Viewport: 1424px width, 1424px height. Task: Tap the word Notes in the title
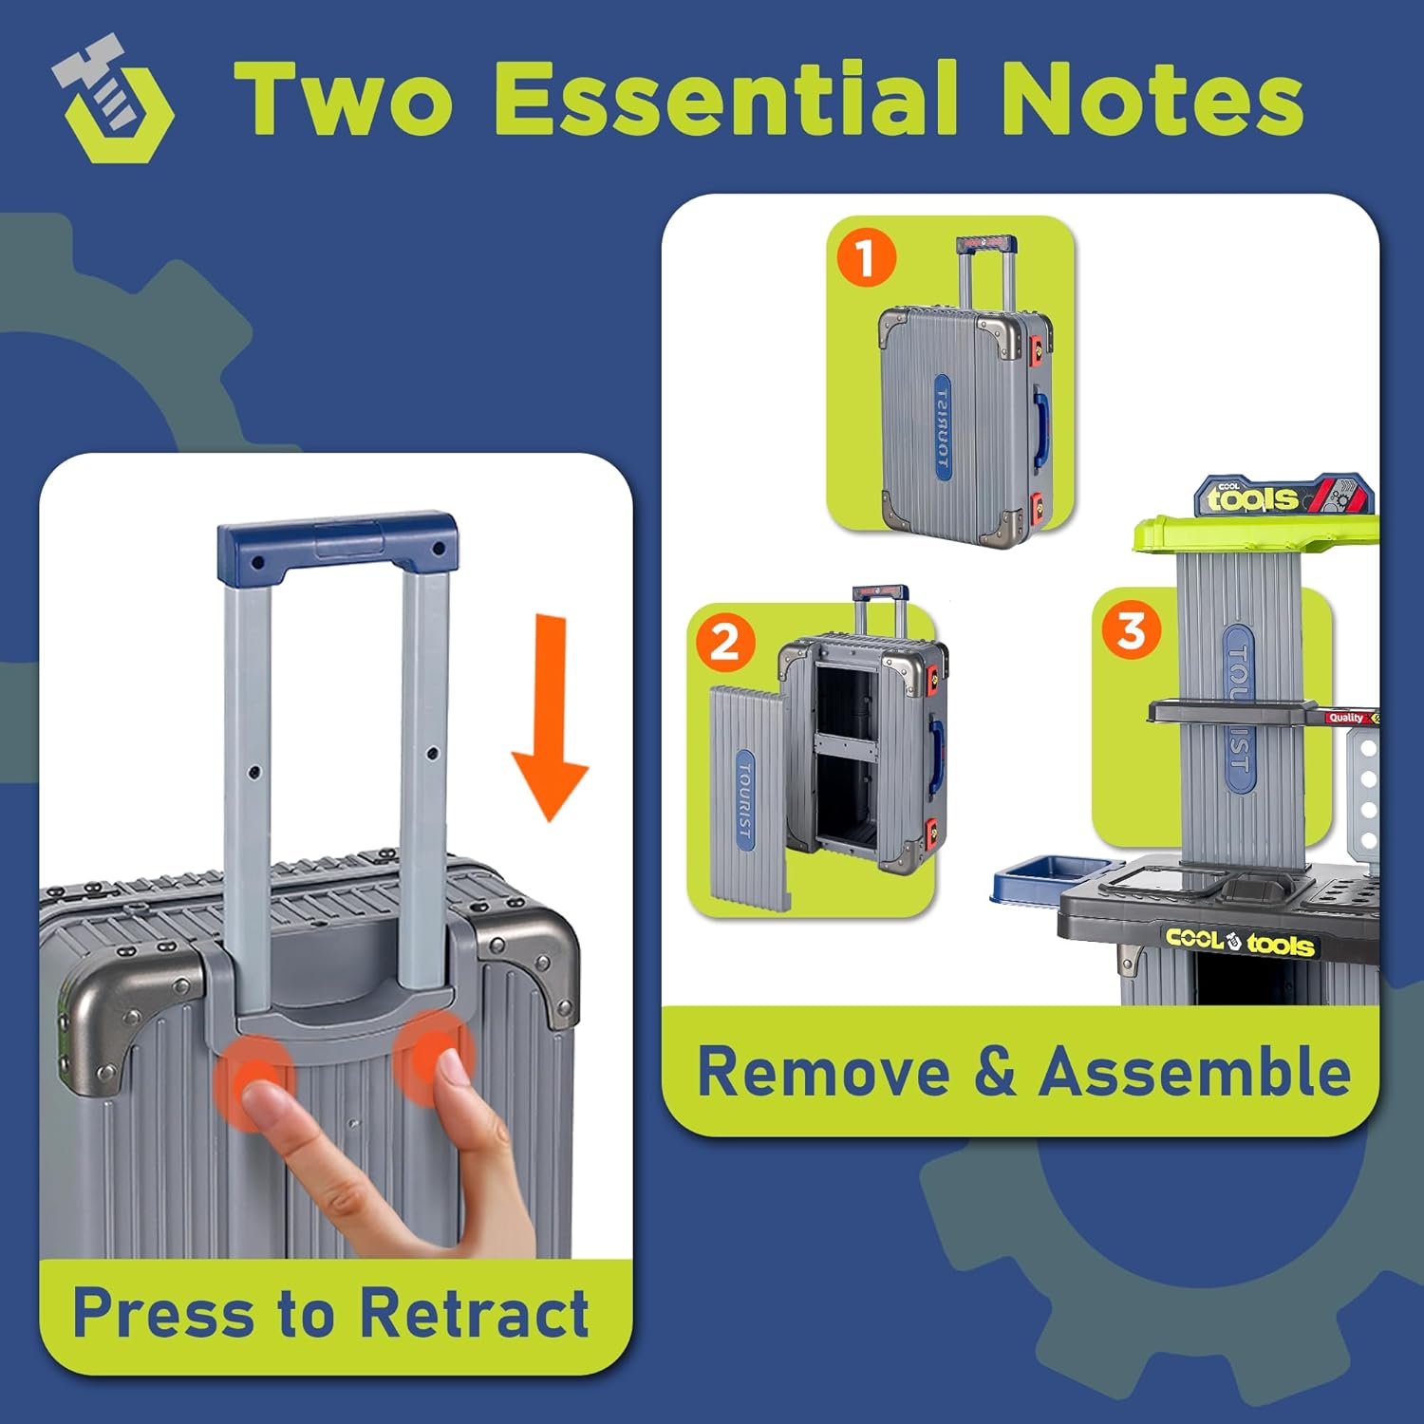pyautogui.click(x=1152, y=99)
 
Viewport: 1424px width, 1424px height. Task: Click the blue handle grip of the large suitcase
pyautogui.click(x=337, y=546)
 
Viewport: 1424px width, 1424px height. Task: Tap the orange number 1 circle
pyautogui.click(x=866, y=258)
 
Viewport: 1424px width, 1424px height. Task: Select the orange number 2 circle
pyautogui.click(x=725, y=643)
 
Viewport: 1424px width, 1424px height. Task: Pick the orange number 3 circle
pyautogui.click(x=1131, y=630)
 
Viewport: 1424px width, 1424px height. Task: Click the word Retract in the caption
pyautogui.click(x=474, y=1314)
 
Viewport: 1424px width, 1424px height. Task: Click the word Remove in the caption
pyautogui.click(x=823, y=1072)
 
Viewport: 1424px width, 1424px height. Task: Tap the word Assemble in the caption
pyautogui.click(x=1194, y=1072)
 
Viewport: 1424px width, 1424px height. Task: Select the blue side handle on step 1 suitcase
pyautogui.click(x=1043, y=417)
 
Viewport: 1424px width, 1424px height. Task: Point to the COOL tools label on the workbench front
pyautogui.click(x=1240, y=941)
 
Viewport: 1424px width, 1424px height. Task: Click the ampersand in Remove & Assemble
pyautogui.click(x=994, y=1072)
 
